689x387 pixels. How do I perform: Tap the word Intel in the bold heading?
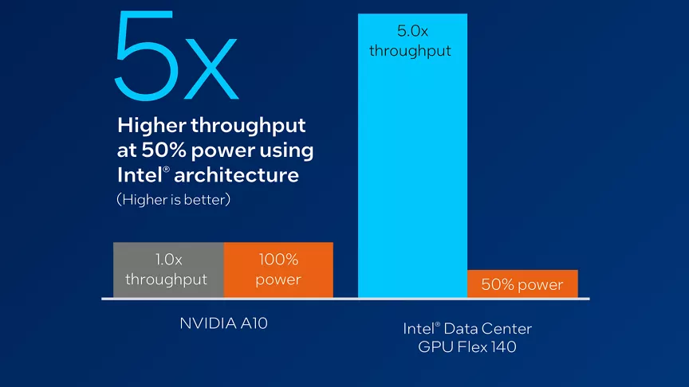pyautogui.click(x=138, y=174)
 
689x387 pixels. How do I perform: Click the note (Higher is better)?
pyautogui.click(x=173, y=200)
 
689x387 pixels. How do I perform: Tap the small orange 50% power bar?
pyautogui.click(x=522, y=284)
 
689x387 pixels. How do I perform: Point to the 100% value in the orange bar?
pyautogui.click(x=278, y=260)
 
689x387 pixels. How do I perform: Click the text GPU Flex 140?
pyautogui.click(x=467, y=346)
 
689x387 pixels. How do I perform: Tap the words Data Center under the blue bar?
pyautogui.click(x=489, y=328)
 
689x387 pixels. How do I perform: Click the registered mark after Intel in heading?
pyautogui.click(x=167, y=170)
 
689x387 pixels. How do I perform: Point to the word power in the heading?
pyautogui.click(x=240, y=150)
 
